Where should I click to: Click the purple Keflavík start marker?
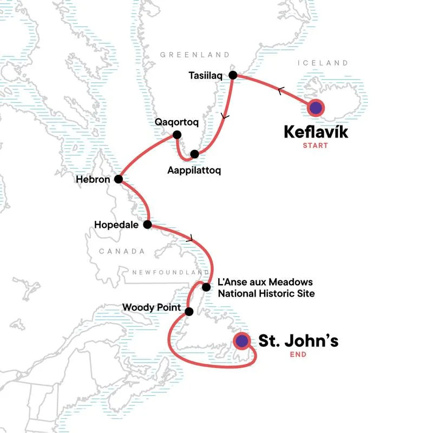point(316,108)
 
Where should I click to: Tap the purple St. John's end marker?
point(241,341)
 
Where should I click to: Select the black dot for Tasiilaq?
point(233,75)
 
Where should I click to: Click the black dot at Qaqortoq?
point(176,135)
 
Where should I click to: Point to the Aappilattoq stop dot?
point(194,154)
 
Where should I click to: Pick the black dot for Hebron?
point(118,179)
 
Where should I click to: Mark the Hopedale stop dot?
point(147,224)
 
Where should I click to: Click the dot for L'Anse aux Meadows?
point(206,287)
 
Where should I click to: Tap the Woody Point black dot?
point(189,311)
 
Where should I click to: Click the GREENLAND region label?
point(195,55)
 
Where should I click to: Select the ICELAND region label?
point(323,63)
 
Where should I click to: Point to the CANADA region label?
point(122,251)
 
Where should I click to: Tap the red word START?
point(316,146)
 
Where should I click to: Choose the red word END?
point(298,355)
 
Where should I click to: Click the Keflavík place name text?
point(315,132)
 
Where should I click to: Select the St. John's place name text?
point(298,341)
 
